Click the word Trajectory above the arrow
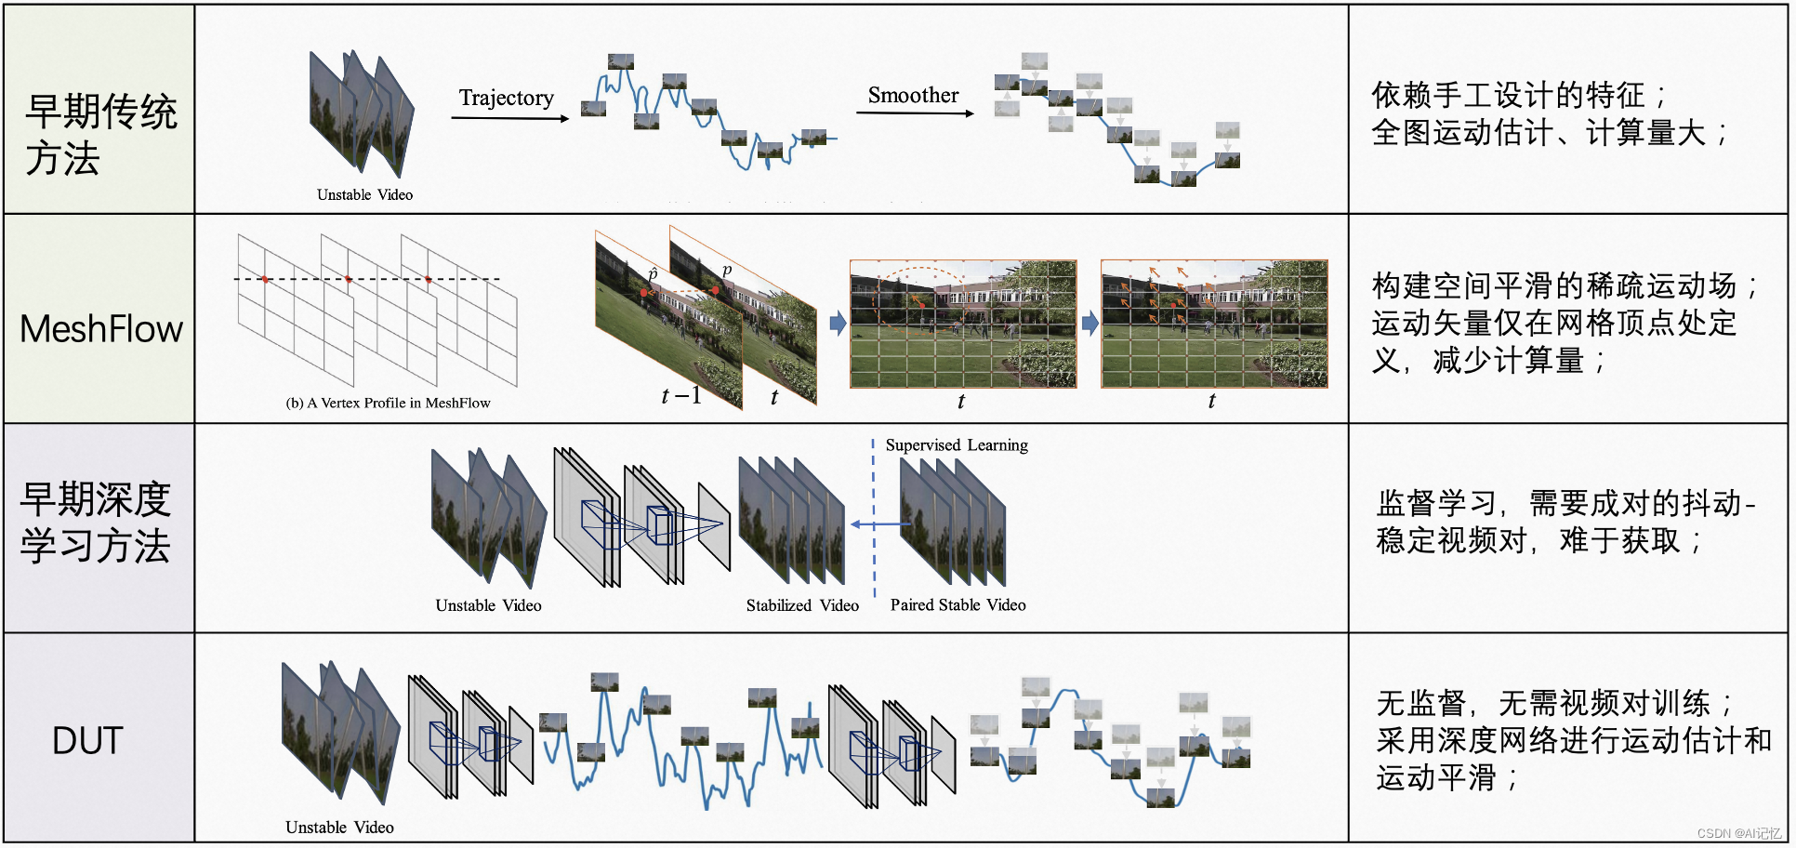pyautogui.click(x=506, y=98)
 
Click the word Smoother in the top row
pyautogui.click(x=913, y=95)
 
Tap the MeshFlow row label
pyautogui.click(x=101, y=329)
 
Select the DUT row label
pyautogui.click(x=87, y=741)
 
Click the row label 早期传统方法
pyautogui.click(x=100, y=135)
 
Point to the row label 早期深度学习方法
pyautogui.click(x=96, y=523)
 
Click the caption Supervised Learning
pyautogui.click(x=957, y=445)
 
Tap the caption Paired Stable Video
pyautogui.click(x=957, y=605)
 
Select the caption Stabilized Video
pyautogui.click(x=802, y=605)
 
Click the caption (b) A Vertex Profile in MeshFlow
pyautogui.click(x=388, y=403)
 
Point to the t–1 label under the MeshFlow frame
pyautogui.click(x=680, y=396)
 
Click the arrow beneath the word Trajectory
pyautogui.click(x=509, y=118)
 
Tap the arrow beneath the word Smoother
pyautogui.click(x=915, y=113)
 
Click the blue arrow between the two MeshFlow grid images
pyautogui.click(x=1089, y=324)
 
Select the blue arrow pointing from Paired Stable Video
pyautogui.click(x=879, y=524)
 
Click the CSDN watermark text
pyautogui.click(x=1738, y=834)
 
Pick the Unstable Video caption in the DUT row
pyautogui.click(x=339, y=828)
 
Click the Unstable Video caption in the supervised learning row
pyautogui.click(x=488, y=605)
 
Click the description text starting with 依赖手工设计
pyautogui.click(x=1549, y=113)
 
